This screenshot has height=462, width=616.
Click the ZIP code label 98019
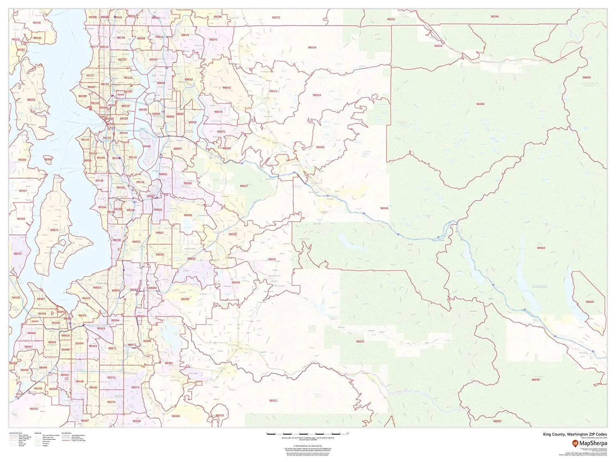point(312,48)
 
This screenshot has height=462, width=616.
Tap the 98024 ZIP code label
point(317,95)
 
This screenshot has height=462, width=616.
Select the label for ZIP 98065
point(320,147)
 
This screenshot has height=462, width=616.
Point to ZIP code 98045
point(384,208)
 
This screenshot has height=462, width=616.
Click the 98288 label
point(480,104)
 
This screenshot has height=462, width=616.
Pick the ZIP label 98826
point(586,78)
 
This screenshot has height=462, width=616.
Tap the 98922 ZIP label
point(541,248)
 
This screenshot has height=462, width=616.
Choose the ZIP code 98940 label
point(590,302)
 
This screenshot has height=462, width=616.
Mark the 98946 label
point(536,379)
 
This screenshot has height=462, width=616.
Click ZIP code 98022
point(360,342)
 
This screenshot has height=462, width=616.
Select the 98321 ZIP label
point(273,400)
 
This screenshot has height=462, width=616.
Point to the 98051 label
point(272,260)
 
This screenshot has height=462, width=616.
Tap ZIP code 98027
point(244,186)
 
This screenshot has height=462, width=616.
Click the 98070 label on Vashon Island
point(54,230)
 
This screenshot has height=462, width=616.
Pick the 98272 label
point(276,18)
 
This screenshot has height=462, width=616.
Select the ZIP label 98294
point(494,17)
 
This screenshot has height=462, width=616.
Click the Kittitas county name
point(539,286)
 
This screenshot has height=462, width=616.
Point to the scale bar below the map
point(308,433)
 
